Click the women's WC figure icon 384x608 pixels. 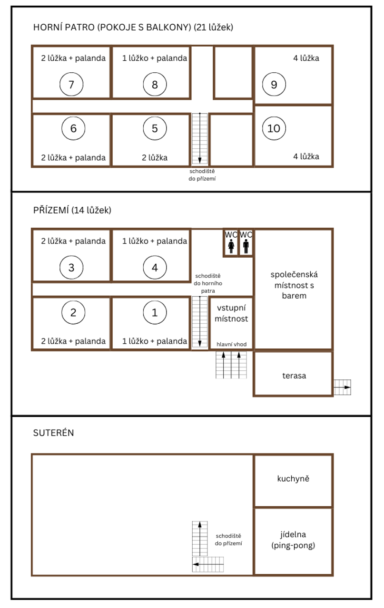(231, 246)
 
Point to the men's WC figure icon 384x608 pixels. (246, 246)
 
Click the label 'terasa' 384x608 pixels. (294, 376)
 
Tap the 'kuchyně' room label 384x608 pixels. (293, 478)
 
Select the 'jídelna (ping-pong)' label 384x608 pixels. (293, 540)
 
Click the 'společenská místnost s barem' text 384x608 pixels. (294, 285)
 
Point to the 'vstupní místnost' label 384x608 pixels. (231, 313)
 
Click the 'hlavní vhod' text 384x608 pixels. (232, 344)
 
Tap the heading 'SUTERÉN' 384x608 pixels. (54, 433)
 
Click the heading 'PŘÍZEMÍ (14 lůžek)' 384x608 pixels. (72, 210)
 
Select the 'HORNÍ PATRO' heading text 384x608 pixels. (64, 27)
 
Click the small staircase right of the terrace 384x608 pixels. (343, 387)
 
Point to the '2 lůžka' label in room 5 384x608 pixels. (155, 157)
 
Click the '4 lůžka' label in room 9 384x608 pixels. (306, 58)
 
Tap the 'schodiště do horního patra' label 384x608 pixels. (208, 283)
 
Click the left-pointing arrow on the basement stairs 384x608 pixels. (208, 564)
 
